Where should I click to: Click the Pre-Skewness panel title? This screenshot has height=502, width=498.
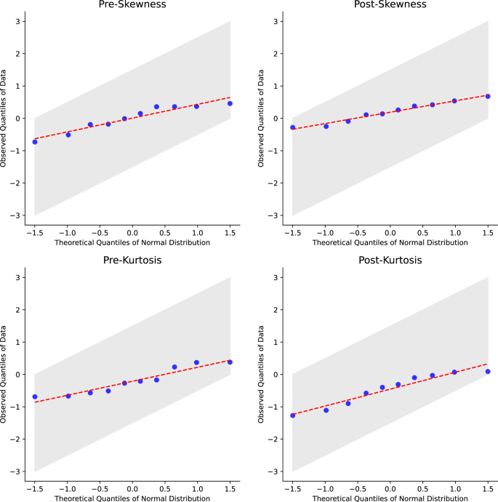(x=132, y=5)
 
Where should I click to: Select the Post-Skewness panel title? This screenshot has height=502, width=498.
(x=390, y=5)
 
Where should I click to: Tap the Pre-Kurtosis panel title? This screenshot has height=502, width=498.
(x=132, y=260)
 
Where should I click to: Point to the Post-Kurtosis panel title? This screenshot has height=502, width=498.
(x=390, y=260)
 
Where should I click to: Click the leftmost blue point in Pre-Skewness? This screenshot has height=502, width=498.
(x=35, y=142)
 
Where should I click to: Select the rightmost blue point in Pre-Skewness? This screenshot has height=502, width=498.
(x=230, y=103)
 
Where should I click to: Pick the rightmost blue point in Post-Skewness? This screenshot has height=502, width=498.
(x=488, y=96)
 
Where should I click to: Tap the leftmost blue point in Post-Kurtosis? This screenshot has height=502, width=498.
(x=293, y=415)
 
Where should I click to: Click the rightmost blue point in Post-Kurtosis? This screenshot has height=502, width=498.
(x=488, y=372)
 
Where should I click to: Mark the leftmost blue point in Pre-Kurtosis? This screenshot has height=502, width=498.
(x=35, y=397)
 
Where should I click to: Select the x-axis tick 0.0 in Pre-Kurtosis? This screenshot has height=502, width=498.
(x=132, y=487)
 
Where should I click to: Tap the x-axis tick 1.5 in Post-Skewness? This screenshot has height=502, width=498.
(x=488, y=231)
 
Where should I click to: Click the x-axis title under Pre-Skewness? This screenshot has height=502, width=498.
(x=132, y=242)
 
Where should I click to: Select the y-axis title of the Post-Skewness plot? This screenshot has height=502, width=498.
(x=262, y=118)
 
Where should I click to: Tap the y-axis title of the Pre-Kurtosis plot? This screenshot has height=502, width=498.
(x=4, y=374)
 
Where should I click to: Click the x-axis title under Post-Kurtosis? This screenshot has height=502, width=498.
(x=390, y=498)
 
